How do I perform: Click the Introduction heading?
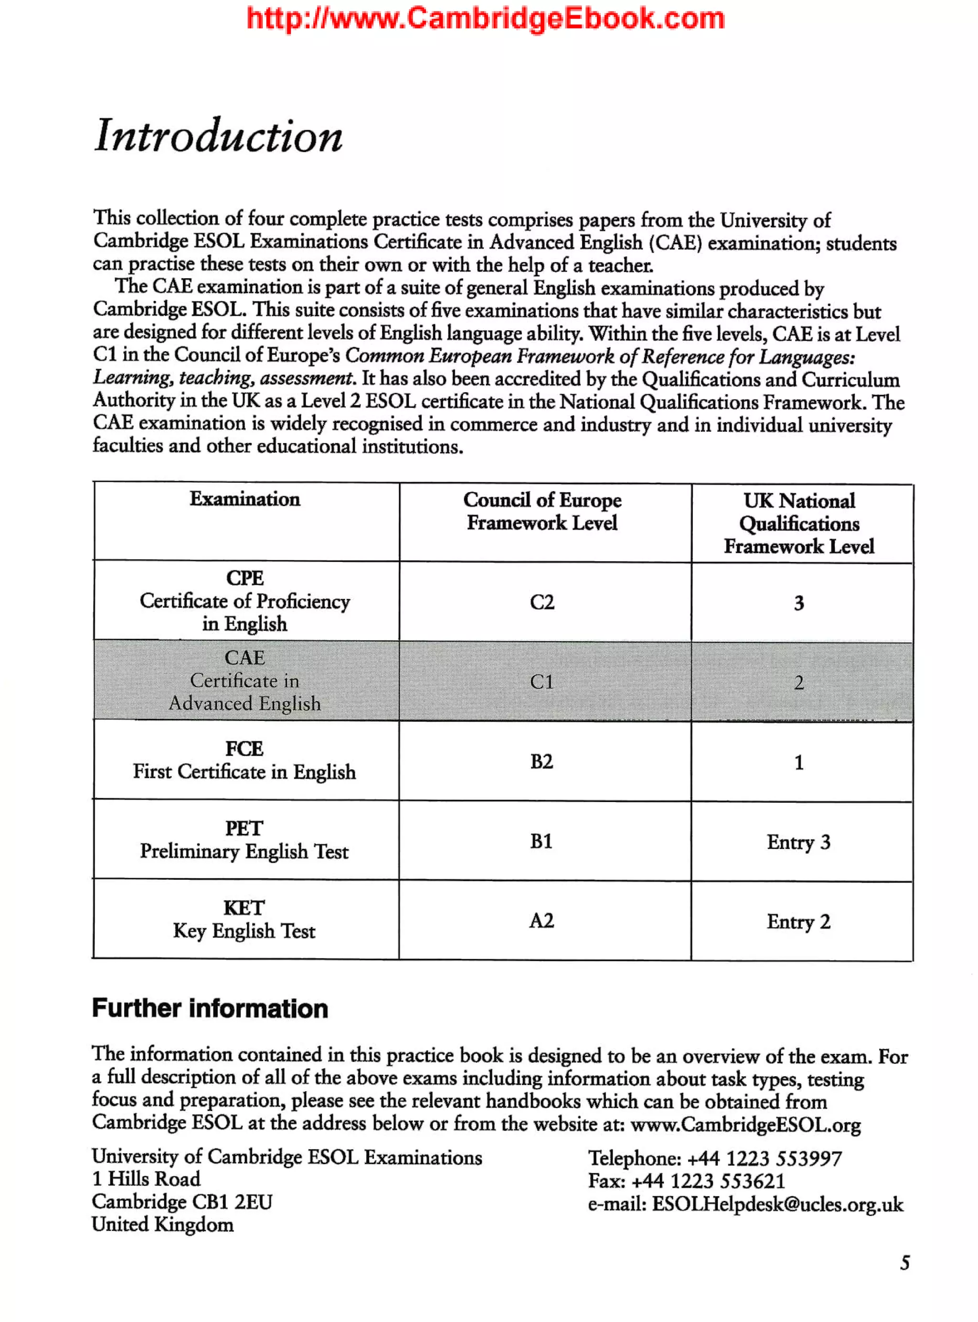[218, 136]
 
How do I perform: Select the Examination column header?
[244, 499]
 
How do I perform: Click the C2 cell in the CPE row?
[542, 602]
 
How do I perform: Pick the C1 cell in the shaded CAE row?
[542, 682]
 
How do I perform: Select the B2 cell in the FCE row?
[542, 762]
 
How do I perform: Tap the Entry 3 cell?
[798, 842]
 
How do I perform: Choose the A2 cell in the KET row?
[542, 921]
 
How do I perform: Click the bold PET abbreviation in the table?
[244, 828]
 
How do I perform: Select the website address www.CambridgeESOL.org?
[746, 1124]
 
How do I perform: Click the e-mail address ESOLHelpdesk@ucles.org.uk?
[777, 1204]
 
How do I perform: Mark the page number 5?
[904, 1263]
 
